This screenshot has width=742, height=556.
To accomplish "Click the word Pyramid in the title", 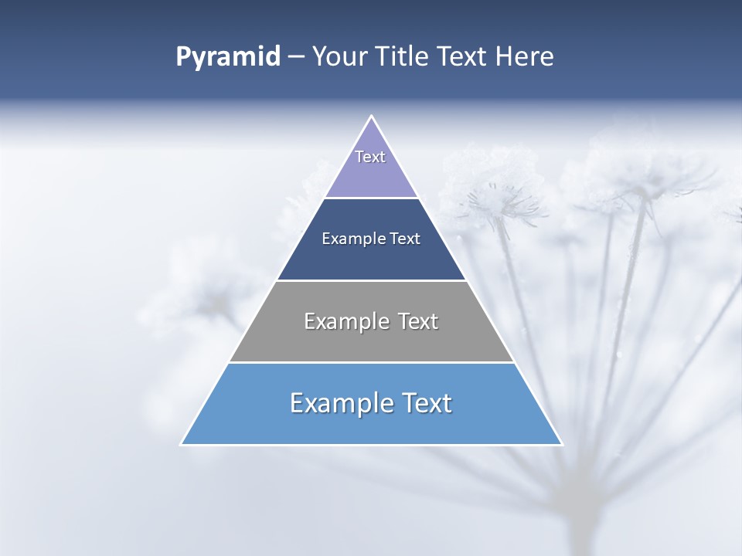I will (227, 57).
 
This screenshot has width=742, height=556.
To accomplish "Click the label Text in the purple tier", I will (370, 157).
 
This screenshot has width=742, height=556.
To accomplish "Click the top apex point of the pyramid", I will (372, 117).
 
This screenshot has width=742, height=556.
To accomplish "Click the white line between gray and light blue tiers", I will (371, 362).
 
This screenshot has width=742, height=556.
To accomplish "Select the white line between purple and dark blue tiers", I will (371, 198).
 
